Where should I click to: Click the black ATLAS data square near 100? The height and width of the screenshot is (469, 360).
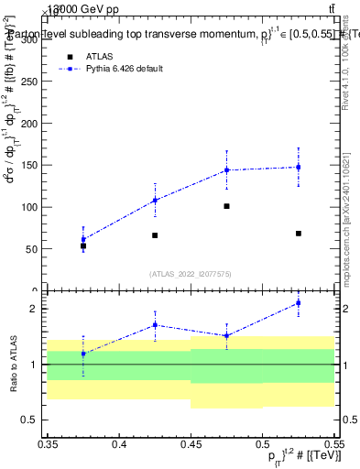(x=226, y=206)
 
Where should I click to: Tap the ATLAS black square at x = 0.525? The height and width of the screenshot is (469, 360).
(x=299, y=234)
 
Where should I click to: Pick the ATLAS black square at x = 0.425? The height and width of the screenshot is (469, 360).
(x=155, y=235)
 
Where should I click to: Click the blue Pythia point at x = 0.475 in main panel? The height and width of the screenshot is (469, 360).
(x=226, y=169)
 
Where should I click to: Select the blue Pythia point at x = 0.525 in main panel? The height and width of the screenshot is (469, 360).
(x=299, y=167)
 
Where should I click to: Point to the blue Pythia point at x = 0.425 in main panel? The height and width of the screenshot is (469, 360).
(x=155, y=200)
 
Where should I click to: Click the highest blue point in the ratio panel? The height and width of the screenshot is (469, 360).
(x=299, y=302)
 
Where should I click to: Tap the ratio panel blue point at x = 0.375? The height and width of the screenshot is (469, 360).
(x=83, y=354)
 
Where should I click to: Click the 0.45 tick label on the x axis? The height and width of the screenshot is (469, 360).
(x=190, y=443)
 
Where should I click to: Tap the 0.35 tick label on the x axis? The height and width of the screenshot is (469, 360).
(x=47, y=443)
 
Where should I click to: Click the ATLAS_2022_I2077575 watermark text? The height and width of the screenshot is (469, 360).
(x=190, y=273)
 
